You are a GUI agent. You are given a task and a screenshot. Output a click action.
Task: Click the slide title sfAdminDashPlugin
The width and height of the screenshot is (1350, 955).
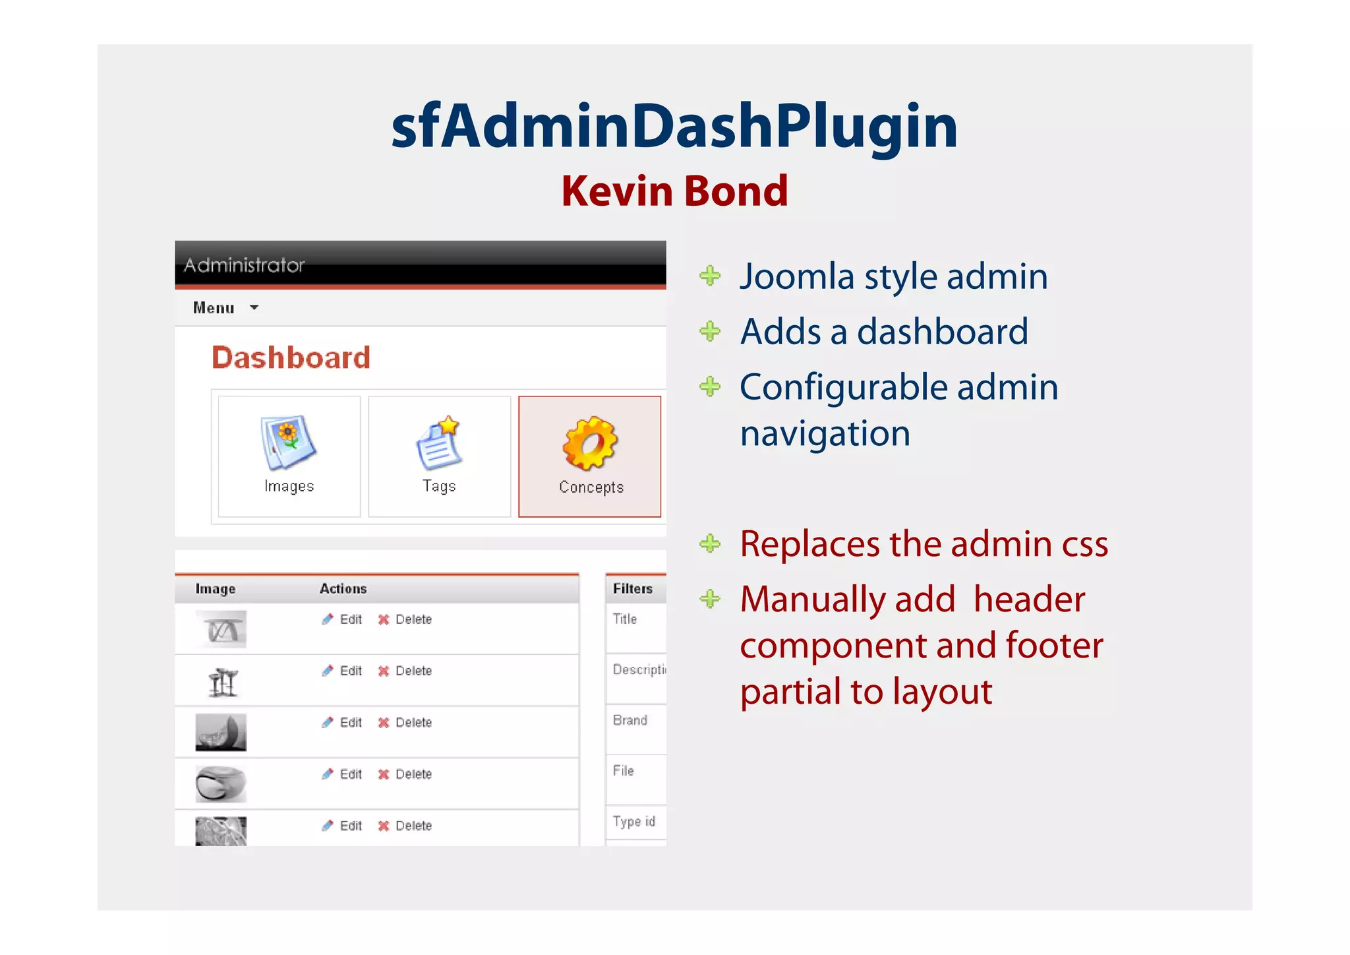674,126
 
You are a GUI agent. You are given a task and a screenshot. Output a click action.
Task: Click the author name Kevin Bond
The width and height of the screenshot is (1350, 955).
674,191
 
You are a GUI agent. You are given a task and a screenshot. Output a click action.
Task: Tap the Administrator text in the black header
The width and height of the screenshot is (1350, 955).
244,265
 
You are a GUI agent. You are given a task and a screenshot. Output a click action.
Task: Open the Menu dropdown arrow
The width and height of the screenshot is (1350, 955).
254,307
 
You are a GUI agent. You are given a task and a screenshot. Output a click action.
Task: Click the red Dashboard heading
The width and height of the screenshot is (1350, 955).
291,357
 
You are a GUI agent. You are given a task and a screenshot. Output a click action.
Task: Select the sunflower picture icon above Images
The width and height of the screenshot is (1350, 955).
288,442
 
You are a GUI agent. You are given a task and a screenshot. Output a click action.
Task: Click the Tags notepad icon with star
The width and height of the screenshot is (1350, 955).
439,443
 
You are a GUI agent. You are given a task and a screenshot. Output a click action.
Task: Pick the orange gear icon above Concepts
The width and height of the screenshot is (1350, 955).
590,443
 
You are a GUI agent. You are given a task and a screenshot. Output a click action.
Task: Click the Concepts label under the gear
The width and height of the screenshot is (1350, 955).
591,487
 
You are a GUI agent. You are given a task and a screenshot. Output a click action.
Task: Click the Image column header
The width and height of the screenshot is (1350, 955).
215,588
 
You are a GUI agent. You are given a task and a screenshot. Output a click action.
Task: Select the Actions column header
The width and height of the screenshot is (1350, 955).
343,588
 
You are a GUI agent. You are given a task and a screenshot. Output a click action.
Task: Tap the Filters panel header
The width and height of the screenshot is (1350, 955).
632,588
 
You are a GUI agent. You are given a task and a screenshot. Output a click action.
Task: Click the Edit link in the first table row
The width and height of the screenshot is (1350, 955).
350,619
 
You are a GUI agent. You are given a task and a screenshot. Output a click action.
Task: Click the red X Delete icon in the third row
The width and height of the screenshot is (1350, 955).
384,722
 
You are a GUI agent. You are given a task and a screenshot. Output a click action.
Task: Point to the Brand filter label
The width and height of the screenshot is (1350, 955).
630,720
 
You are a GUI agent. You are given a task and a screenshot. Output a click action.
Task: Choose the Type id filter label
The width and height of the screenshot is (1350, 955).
633,821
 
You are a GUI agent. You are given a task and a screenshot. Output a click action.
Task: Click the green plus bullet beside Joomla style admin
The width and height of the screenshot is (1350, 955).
710,276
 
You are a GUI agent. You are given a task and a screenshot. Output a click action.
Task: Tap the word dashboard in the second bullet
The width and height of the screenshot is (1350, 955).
942,331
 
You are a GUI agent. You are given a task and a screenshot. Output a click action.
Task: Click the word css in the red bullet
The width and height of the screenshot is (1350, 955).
1084,544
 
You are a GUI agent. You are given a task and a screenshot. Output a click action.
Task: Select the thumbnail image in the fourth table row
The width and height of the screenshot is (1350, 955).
221,784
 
